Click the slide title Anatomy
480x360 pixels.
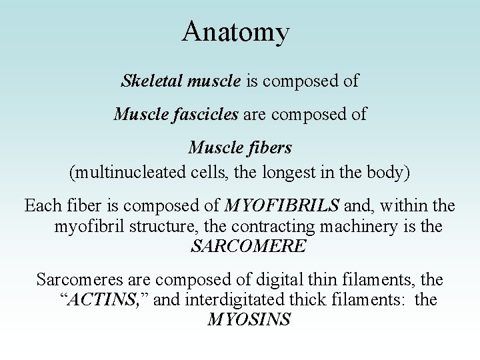(x=236, y=32)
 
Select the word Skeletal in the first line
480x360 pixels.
(x=146, y=81)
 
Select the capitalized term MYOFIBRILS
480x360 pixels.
(x=281, y=204)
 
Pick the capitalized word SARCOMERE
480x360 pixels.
(x=249, y=247)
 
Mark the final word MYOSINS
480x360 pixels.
(x=249, y=321)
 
